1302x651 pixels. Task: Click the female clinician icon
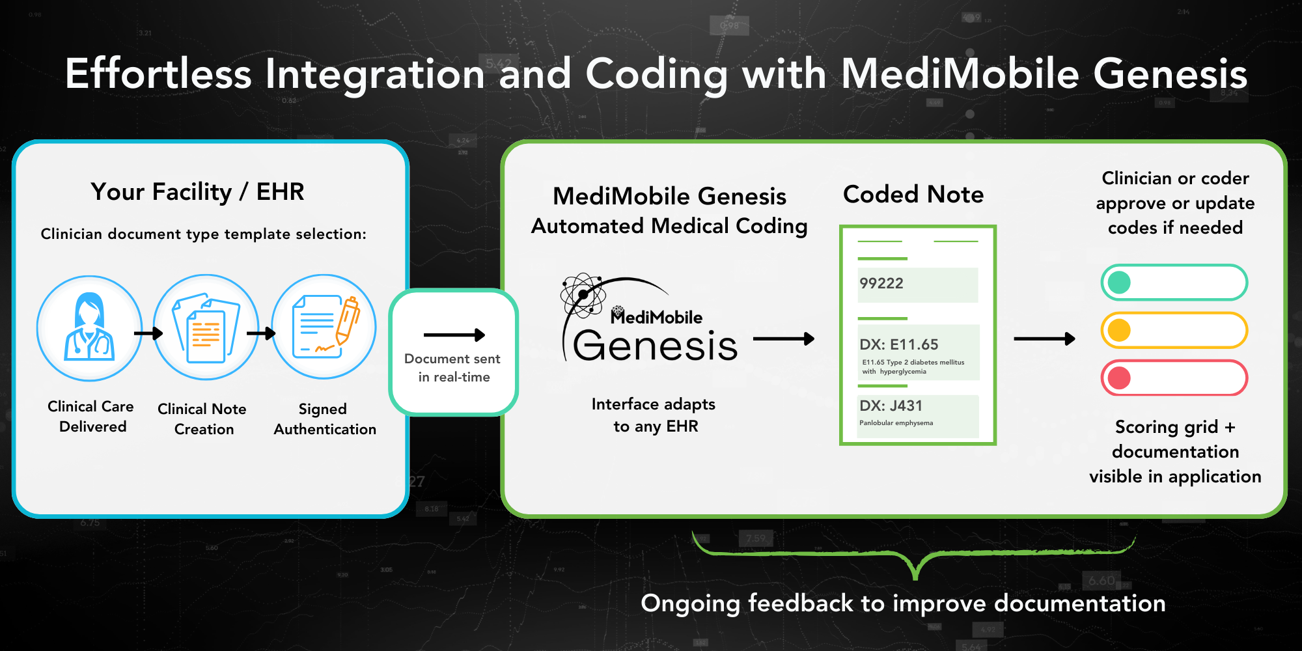coord(89,327)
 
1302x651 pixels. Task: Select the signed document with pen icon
coord(324,327)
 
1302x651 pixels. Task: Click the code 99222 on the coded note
coord(881,283)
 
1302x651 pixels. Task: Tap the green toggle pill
coord(1174,283)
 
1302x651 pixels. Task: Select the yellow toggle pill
coord(1174,330)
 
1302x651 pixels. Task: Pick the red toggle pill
coord(1174,378)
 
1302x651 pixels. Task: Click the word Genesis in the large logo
coord(655,346)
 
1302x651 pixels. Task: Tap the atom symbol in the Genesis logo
coord(583,295)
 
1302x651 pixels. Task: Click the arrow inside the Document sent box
coord(454,335)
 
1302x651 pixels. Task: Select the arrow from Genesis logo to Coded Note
coord(783,339)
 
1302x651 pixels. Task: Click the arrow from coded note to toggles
coord(1044,339)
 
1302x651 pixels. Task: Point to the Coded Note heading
coord(913,194)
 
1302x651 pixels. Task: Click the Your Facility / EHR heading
coord(197,192)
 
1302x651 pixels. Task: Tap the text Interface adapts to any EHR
coord(654,415)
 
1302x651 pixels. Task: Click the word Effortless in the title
coord(158,74)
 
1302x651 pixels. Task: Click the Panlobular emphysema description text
coord(896,423)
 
